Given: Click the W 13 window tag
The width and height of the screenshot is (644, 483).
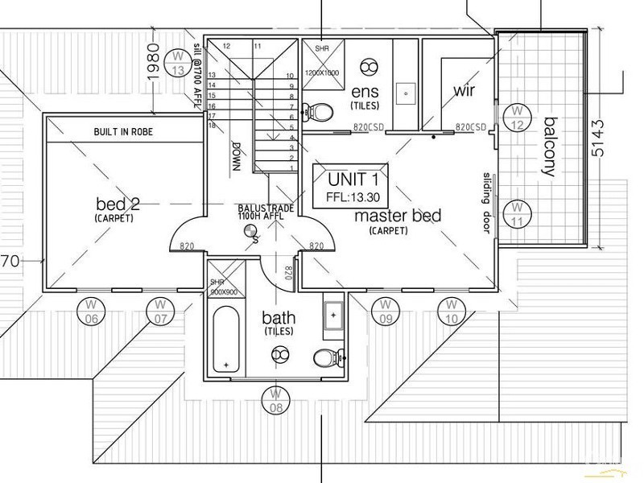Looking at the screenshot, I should point(178,63).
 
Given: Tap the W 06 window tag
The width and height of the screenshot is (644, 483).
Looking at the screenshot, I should point(91,311).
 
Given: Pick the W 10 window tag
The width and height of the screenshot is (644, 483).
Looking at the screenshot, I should point(452,311).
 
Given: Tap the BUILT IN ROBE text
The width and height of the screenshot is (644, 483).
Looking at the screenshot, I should point(122,131).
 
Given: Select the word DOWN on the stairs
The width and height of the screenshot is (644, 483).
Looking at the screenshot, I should point(236,158).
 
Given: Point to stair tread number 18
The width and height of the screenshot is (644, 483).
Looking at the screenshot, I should point(213,125).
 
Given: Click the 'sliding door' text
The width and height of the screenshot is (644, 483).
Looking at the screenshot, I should point(487,201).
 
